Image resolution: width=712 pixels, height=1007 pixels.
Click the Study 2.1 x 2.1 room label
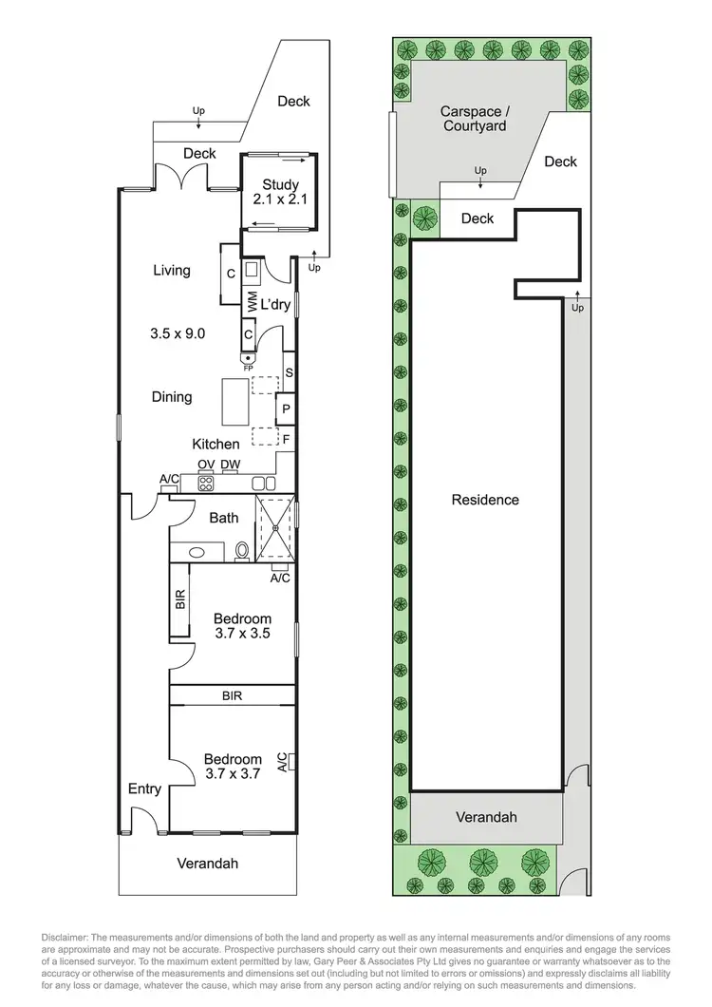coord(276,193)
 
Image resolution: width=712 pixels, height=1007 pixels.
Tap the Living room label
coord(172,271)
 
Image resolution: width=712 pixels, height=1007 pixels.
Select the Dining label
coord(172,397)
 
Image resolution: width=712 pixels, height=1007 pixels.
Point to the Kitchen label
coord(216,444)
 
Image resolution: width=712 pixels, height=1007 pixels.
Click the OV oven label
coord(205,464)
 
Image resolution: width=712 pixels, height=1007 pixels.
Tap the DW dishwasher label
coord(230,464)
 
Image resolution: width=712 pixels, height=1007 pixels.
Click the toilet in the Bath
coord(241,550)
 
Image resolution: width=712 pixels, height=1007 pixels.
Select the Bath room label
coord(224,518)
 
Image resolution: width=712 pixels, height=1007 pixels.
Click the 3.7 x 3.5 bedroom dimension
coord(242,635)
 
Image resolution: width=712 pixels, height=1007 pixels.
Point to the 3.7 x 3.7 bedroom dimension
coord(233,775)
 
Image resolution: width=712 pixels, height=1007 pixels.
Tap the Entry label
coord(144,789)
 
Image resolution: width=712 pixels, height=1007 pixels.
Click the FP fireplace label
coord(248,367)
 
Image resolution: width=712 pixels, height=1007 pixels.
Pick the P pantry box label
coord(285,409)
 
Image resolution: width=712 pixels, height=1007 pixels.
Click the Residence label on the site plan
coord(485,500)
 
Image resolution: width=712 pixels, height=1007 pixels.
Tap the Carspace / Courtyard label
coord(473,118)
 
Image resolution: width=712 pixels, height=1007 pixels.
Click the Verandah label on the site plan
coord(485,817)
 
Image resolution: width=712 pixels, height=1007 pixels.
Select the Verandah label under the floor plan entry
coord(207,864)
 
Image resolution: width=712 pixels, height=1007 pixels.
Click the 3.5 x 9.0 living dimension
coord(178,333)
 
